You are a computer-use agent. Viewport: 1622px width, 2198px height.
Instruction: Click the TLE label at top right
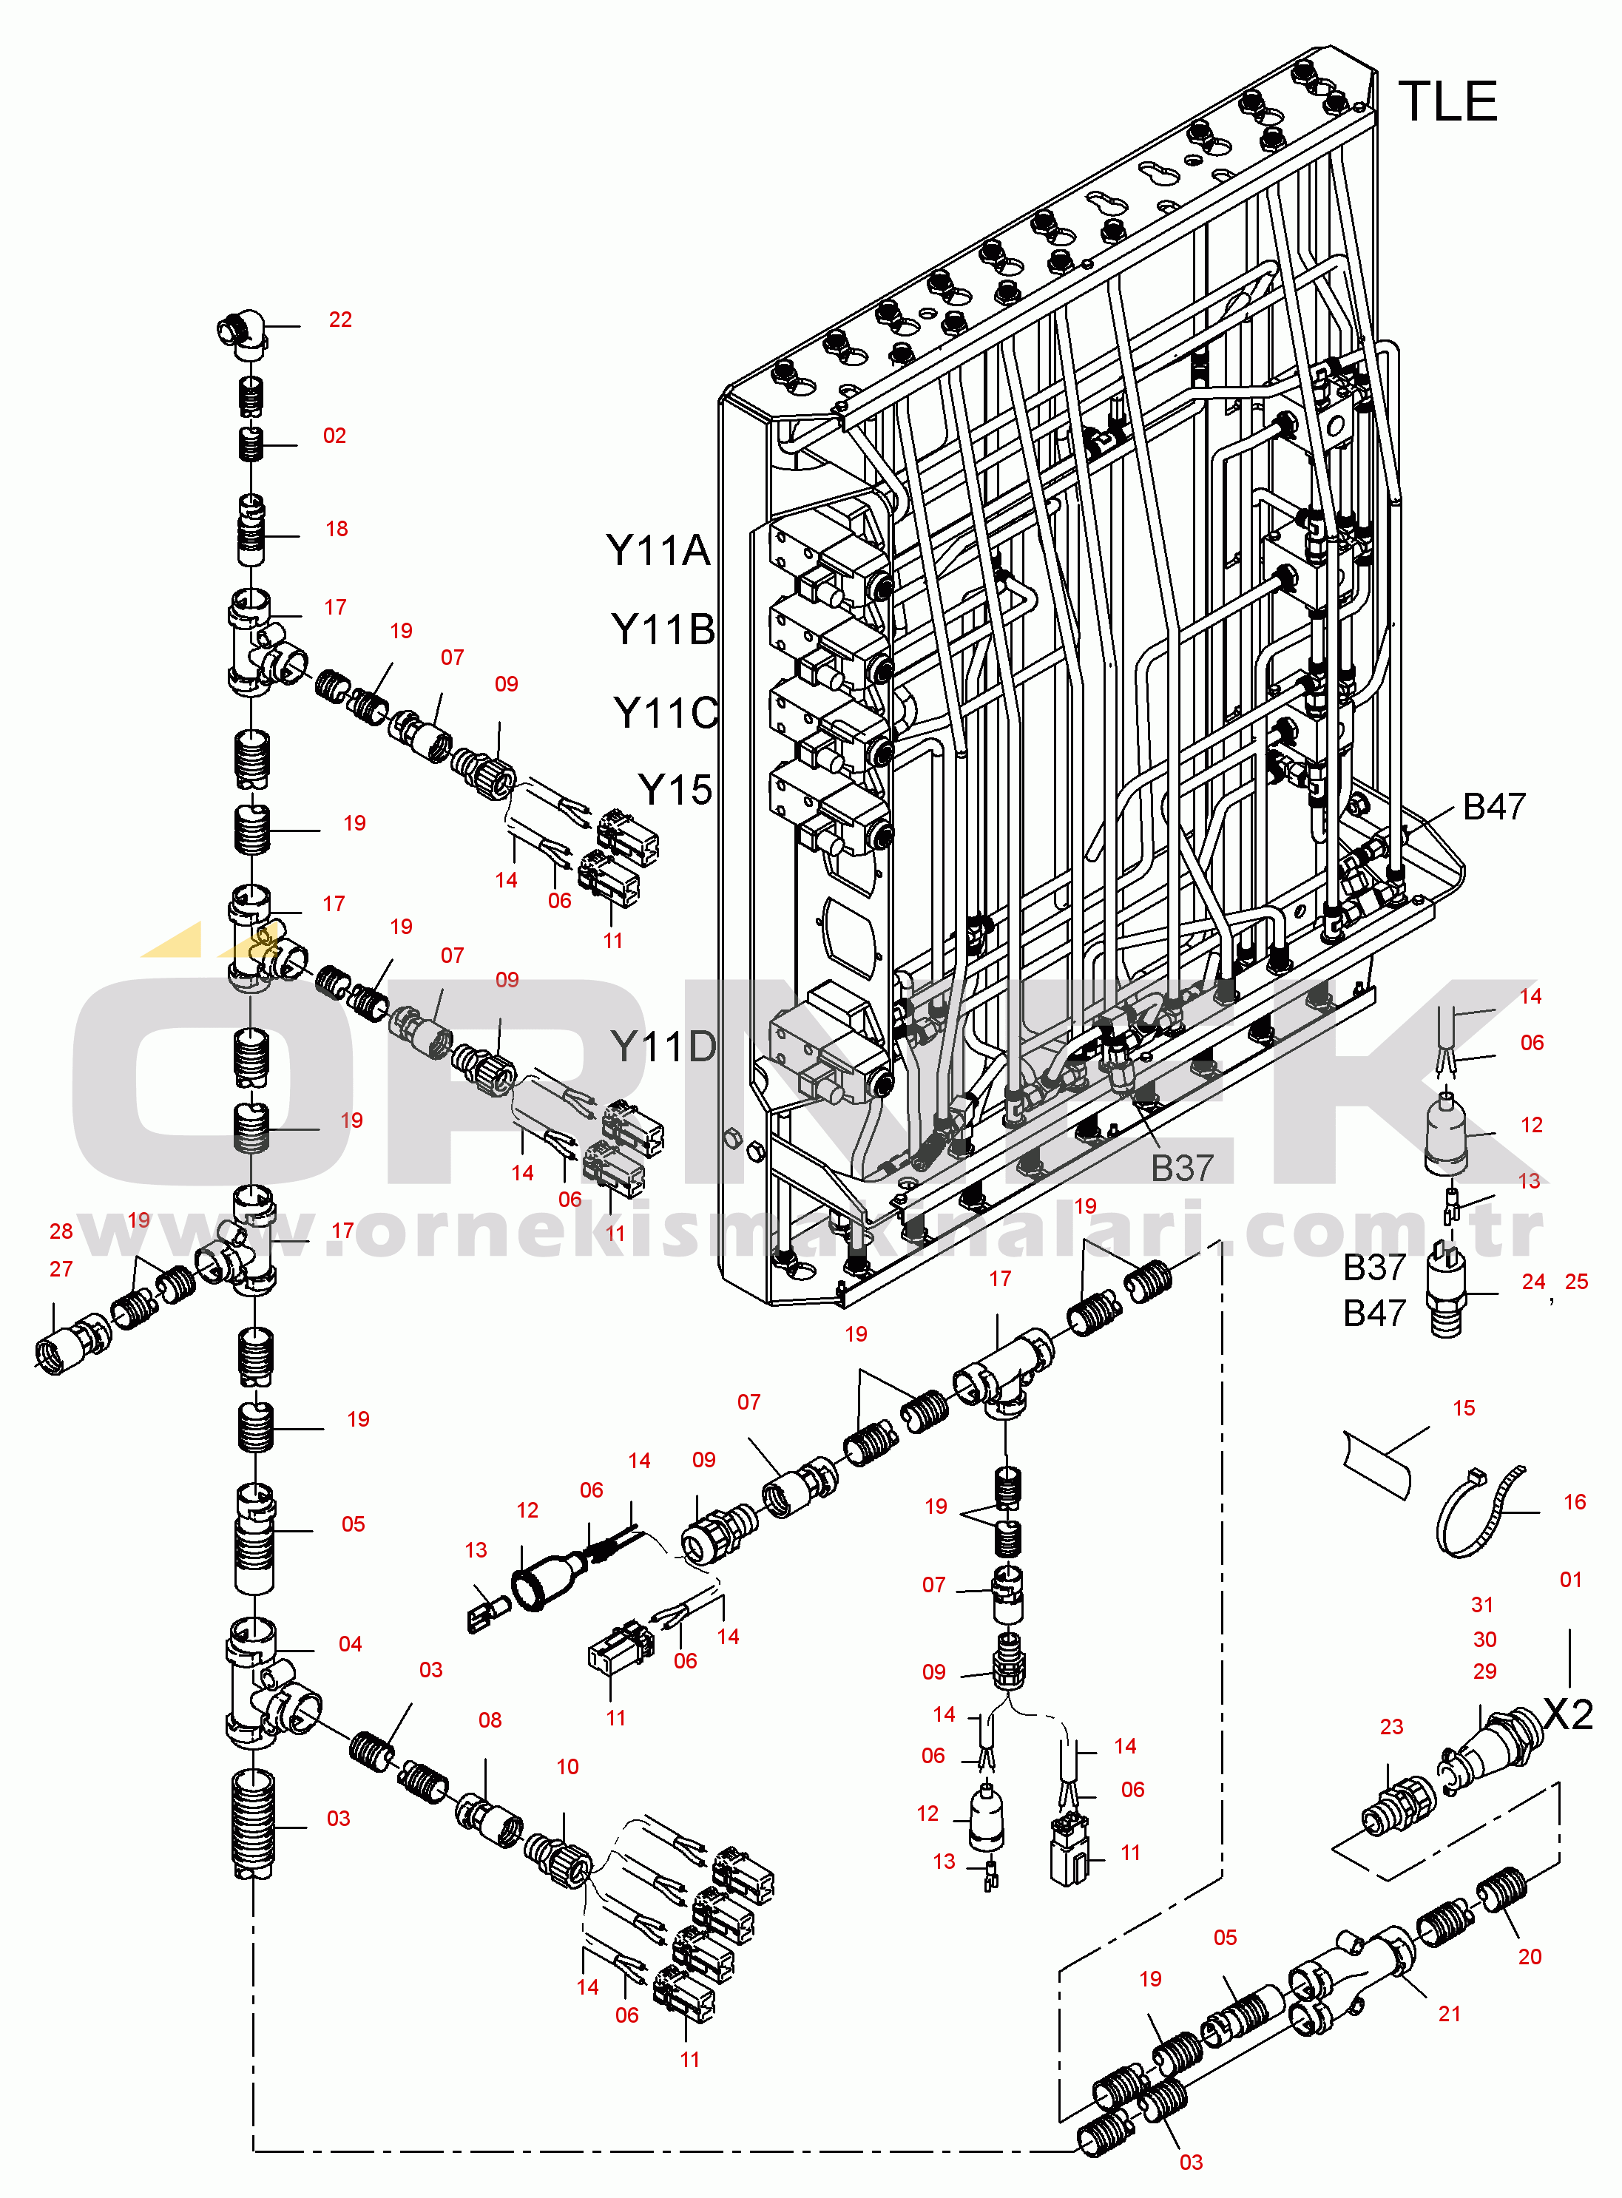point(1447,102)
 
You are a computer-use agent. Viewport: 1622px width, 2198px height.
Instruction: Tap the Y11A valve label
point(657,551)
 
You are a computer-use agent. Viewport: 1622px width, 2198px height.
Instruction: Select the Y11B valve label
point(662,630)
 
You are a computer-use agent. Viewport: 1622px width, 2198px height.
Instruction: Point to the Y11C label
point(665,714)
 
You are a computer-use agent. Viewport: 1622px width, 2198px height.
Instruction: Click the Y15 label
point(675,789)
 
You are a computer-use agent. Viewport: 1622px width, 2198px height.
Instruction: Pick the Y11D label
point(663,1047)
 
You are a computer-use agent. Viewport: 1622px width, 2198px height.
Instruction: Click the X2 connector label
point(1568,1715)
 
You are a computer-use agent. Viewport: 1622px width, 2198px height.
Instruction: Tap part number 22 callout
point(339,320)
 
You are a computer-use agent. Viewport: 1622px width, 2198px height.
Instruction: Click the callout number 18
point(337,529)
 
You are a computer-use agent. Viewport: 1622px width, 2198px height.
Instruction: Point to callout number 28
point(61,1231)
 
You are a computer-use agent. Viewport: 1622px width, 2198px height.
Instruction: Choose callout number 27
point(61,1269)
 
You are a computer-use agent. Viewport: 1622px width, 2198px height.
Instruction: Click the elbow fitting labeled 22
point(242,330)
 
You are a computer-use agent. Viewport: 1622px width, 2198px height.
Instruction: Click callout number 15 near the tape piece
point(1463,1407)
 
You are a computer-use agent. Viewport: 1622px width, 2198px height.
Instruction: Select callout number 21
point(1449,2013)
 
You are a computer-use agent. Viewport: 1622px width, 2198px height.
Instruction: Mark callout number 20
point(1530,1956)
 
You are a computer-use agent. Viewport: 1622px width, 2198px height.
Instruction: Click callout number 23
point(1391,1727)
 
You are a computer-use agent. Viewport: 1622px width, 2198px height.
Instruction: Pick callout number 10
point(567,1767)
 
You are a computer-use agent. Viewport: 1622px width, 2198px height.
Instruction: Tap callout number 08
point(490,1720)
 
